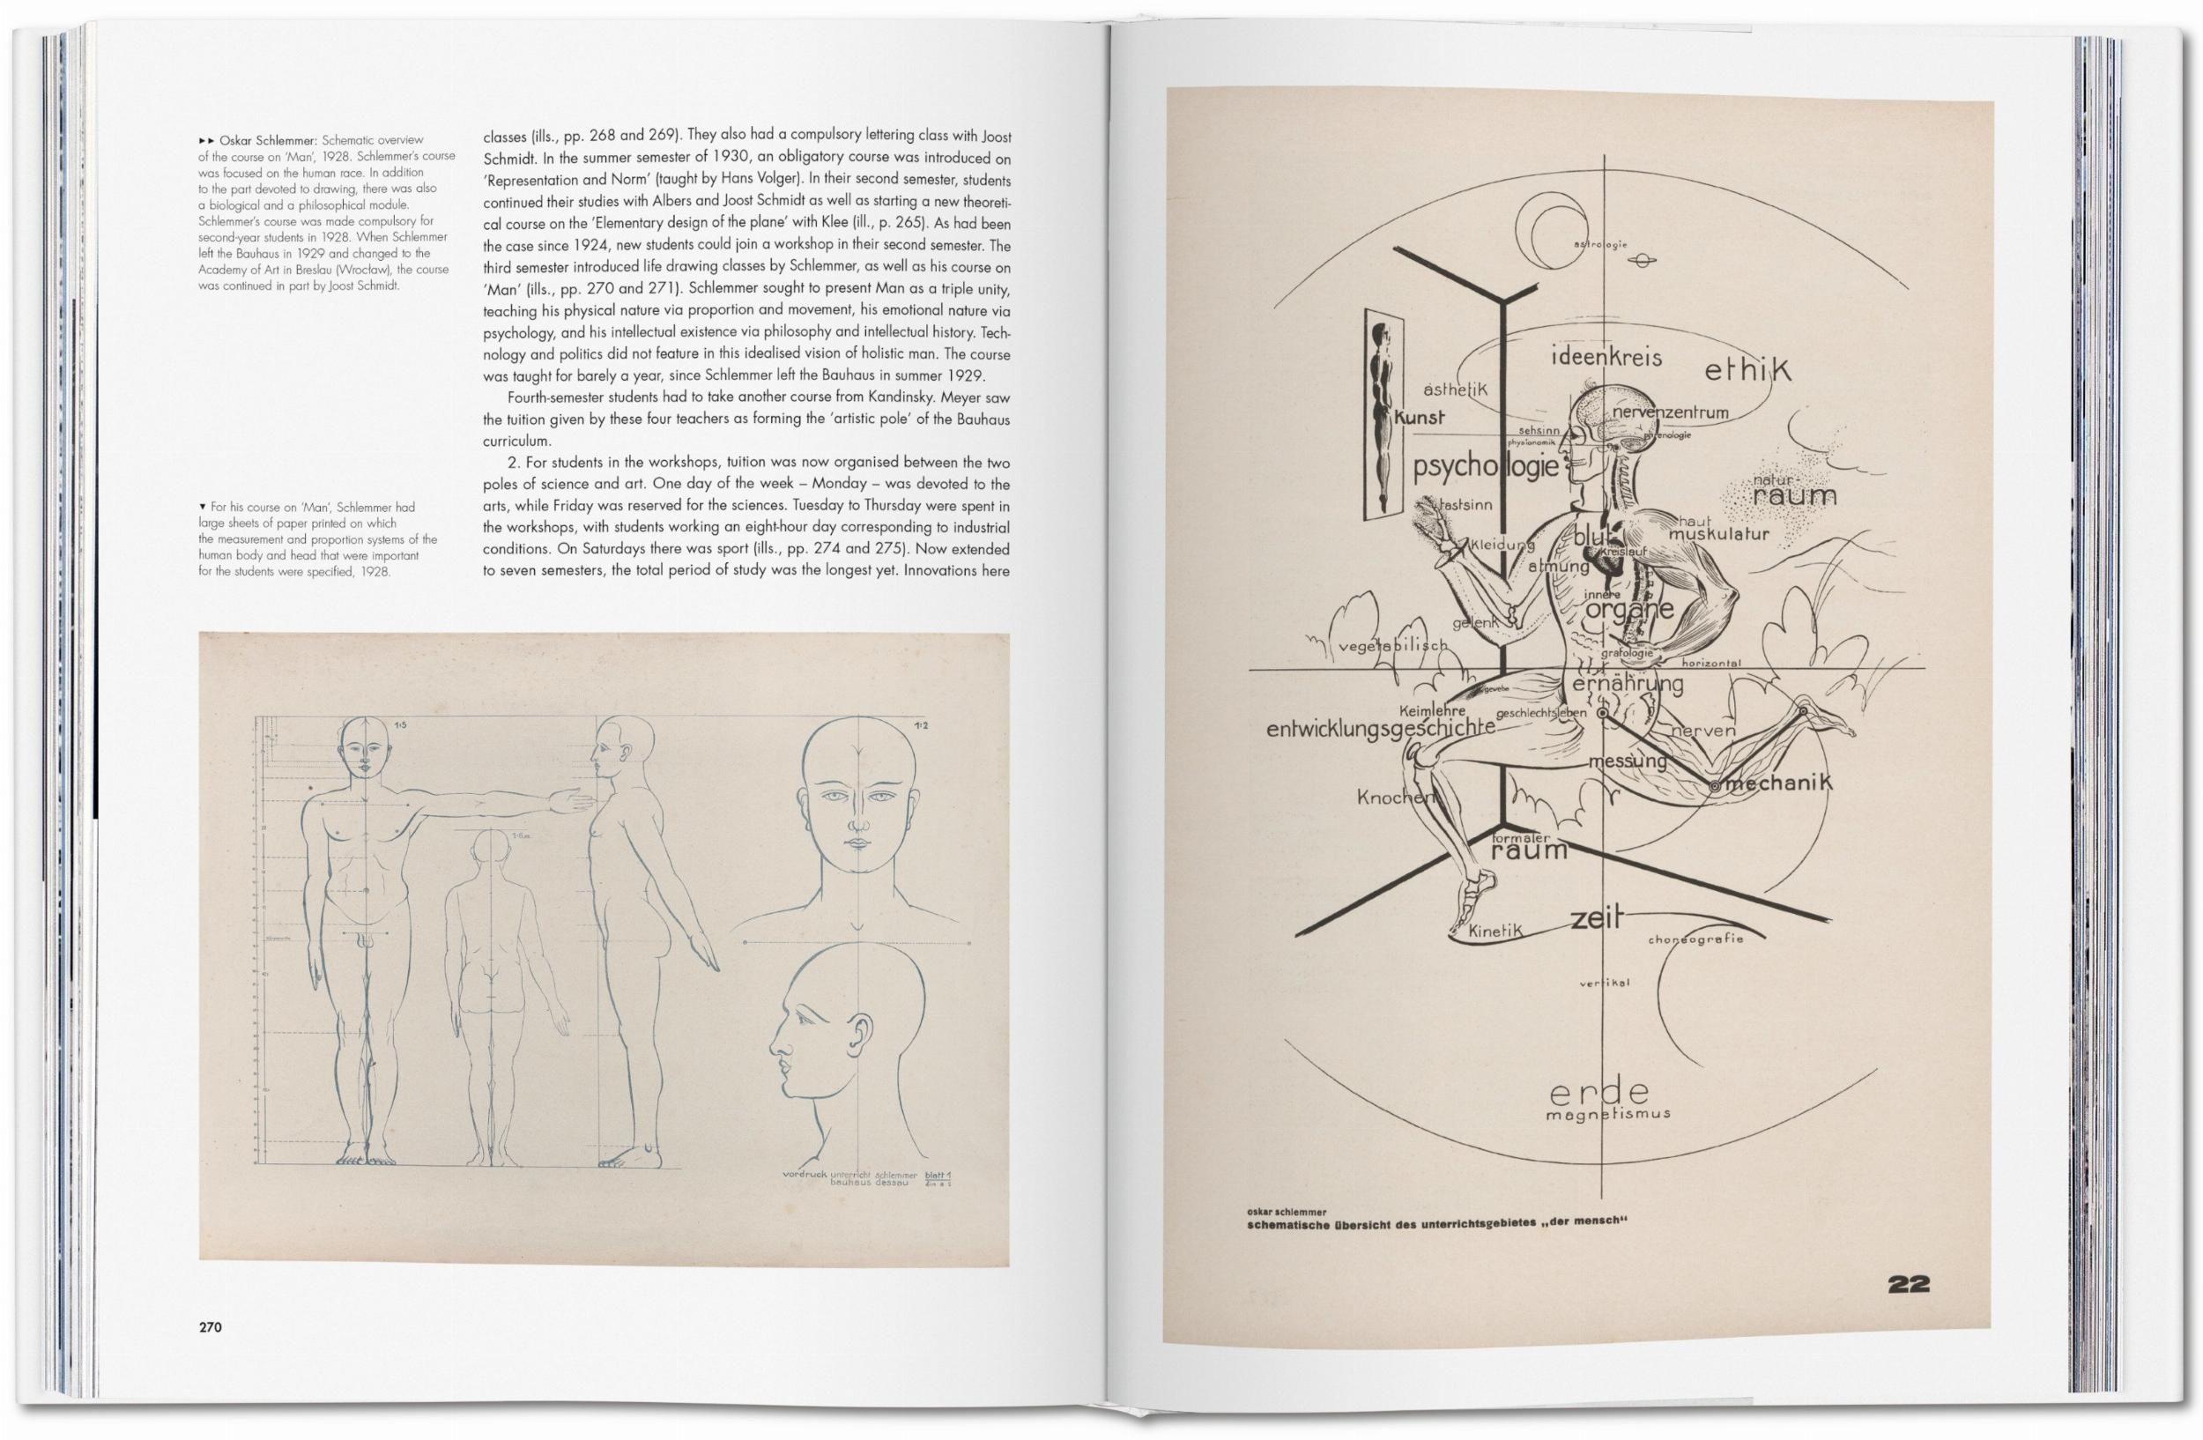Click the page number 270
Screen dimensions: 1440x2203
(210, 1327)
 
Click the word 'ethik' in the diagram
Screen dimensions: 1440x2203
(1747, 371)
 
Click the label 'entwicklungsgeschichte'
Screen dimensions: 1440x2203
(1379, 728)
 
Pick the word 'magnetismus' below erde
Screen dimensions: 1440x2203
(1608, 1114)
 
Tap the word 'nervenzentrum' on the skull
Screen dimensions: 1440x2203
(1669, 412)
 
